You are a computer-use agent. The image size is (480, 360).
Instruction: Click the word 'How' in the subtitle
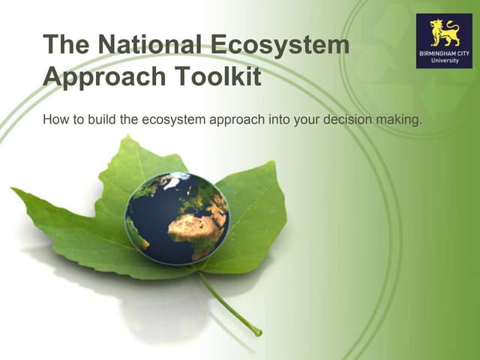[x=55, y=119]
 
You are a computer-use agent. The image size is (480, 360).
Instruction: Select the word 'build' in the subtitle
[x=97, y=119]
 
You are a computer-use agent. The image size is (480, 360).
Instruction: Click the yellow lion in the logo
[x=444, y=33]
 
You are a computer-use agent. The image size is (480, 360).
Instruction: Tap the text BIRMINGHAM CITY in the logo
[x=444, y=53]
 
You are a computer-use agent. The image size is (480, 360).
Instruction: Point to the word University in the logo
[x=444, y=61]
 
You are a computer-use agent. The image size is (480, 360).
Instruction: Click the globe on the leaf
[x=177, y=218]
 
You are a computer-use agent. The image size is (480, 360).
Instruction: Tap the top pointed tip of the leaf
[x=129, y=137]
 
